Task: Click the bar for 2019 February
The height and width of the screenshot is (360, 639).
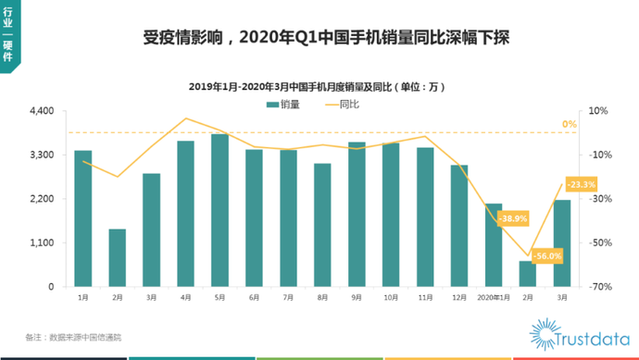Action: click(x=118, y=258)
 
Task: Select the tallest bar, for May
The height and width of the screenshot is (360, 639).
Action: click(x=220, y=210)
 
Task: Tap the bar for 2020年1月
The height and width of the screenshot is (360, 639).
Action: click(x=494, y=245)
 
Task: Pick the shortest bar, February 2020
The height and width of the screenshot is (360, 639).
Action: click(x=528, y=274)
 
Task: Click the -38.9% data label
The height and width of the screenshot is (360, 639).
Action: click(x=513, y=218)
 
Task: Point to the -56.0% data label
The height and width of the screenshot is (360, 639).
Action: click(x=547, y=256)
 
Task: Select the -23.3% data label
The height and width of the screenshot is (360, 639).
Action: click(x=582, y=184)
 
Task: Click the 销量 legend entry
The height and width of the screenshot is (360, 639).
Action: click(x=283, y=105)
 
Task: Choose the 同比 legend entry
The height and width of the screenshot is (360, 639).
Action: click(x=343, y=105)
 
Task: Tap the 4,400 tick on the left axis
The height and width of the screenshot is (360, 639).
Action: click(x=42, y=111)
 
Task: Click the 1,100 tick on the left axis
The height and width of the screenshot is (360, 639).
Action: click(x=42, y=242)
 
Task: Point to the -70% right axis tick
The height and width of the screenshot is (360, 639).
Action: click(x=600, y=287)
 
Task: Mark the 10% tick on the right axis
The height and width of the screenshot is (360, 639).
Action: click(x=598, y=111)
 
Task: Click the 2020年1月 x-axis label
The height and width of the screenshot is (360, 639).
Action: click(x=494, y=298)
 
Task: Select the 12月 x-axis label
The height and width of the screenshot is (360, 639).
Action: click(x=459, y=298)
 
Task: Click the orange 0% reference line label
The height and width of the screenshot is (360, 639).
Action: click(x=570, y=124)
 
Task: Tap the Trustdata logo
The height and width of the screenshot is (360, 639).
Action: click(x=580, y=336)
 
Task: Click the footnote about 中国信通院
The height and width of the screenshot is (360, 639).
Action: click(x=73, y=337)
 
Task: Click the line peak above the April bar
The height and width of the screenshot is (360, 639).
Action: click(x=186, y=118)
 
